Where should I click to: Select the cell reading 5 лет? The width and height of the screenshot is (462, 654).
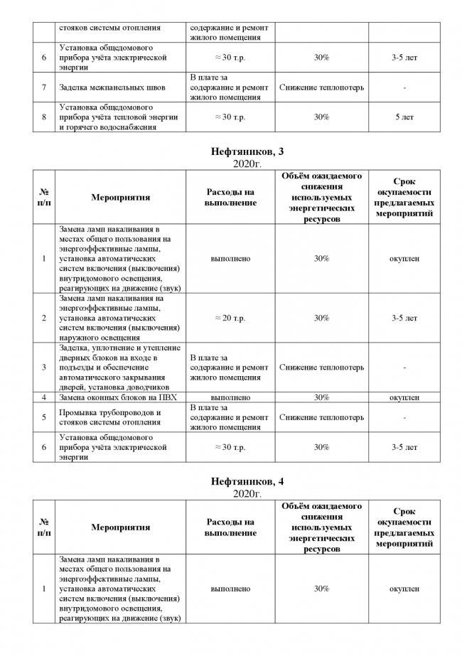click(x=404, y=117)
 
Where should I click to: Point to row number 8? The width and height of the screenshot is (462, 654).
click(x=44, y=117)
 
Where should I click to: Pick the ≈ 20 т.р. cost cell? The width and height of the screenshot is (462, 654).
click(x=230, y=318)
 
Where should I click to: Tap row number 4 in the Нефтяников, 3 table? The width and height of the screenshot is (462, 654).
click(x=44, y=397)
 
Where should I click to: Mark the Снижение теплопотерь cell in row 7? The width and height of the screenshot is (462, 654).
click(x=321, y=87)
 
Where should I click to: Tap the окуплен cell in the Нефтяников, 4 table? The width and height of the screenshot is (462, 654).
click(x=404, y=589)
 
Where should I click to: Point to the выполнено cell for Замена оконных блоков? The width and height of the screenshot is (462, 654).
click(x=230, y=397)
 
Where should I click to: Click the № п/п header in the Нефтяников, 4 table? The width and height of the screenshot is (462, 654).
click(x=44, y=527)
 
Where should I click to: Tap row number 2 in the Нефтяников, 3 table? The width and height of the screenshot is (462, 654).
click(x=44, y=318)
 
